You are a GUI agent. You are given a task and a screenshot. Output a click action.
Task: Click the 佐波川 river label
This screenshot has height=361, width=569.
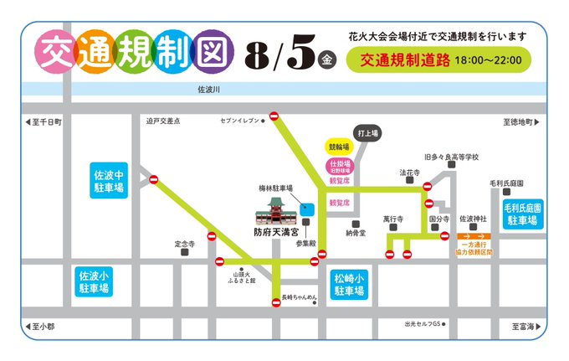click(x=208, y=87)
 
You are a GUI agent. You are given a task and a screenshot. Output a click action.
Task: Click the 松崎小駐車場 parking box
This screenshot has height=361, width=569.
click(x=350, y=285)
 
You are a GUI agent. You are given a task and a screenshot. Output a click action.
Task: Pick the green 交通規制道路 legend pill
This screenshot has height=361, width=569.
click(x=441, y=60)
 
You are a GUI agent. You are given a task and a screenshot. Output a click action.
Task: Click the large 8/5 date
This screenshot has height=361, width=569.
click(x=280, y=55)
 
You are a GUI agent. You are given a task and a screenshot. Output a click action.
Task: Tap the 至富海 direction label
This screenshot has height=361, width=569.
click(x=524, y=326)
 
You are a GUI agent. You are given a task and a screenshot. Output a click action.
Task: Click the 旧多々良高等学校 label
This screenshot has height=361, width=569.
click(x=451, y=157)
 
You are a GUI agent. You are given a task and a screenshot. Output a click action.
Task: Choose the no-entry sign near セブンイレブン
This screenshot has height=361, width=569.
click(x=274, y=116)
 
